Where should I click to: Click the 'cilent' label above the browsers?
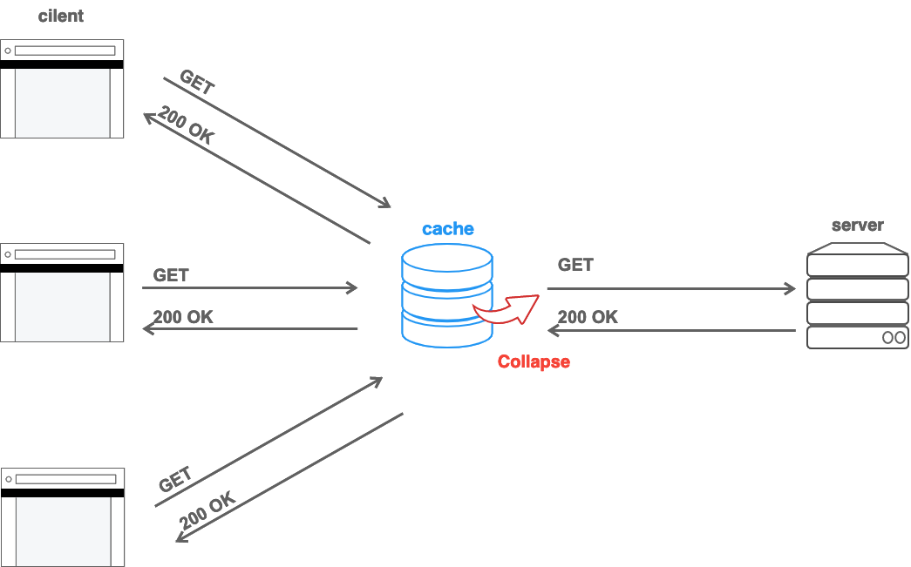click(61, 17)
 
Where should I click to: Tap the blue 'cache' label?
click(448, 229)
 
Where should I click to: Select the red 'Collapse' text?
click(534, 361)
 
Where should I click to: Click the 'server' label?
click(858, 226)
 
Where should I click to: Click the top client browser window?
click(62, 89)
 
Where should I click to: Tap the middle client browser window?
click(62, 293)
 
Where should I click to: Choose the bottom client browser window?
click(62, 517)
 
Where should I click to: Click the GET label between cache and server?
click(575, 265)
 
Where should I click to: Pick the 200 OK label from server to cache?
click(588, 317)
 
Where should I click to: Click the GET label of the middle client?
click(171, 275)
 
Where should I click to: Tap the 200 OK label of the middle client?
click(183, 317)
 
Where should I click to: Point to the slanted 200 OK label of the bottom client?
click(207, 511)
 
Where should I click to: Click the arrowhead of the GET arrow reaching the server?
click(790, 289)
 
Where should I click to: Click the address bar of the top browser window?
click(65, 51)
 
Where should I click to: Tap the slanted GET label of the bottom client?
click(175, 480)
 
